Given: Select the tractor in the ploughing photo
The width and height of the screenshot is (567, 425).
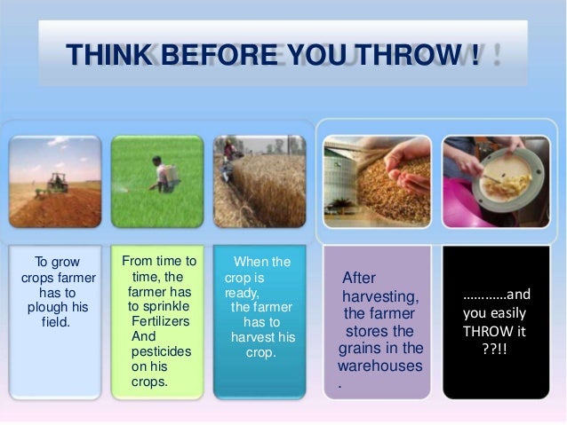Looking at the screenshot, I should point(58,184).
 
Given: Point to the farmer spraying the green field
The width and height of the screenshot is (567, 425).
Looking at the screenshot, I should point(162,174).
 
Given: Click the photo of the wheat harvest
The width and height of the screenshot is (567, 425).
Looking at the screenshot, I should point(260,181).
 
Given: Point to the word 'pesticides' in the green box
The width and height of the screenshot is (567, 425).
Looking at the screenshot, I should point(161,351).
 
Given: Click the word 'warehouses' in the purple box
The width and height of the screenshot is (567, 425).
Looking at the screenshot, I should point(381,365).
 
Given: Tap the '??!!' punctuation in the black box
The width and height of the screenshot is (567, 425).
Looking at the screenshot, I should point(495,346).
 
